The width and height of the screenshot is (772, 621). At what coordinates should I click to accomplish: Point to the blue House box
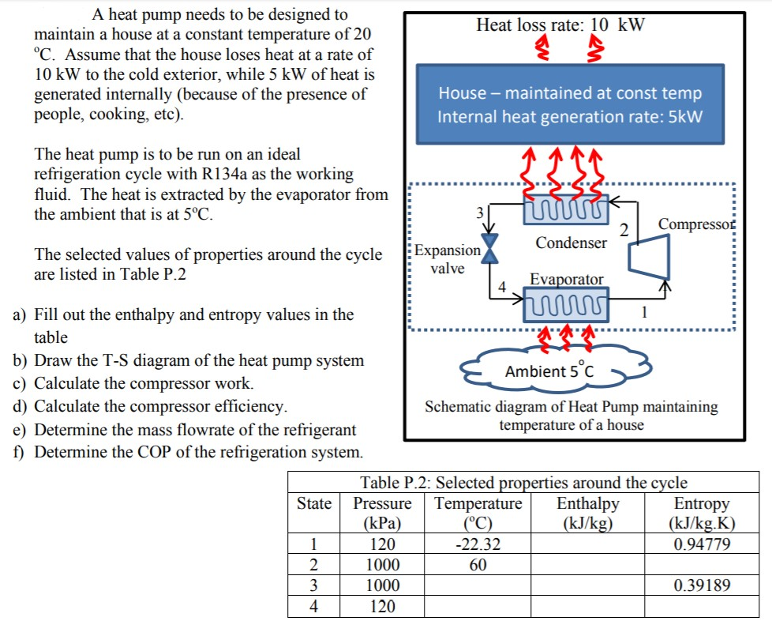(570, 104)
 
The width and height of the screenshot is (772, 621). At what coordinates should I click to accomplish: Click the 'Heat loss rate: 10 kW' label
(560, 24)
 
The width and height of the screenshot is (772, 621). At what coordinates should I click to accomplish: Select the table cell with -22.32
(479, 544)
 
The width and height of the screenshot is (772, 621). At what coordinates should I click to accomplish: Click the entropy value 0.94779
(702, 544)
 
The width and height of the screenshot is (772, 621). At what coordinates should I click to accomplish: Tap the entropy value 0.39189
(702, 585)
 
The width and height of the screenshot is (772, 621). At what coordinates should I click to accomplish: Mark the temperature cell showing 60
(478, 565)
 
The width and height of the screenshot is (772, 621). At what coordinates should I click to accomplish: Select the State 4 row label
(314, 607)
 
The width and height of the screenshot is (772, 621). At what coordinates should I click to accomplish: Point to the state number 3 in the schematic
(477, 213)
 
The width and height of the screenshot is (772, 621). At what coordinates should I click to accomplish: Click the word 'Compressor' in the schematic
(696, 224)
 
